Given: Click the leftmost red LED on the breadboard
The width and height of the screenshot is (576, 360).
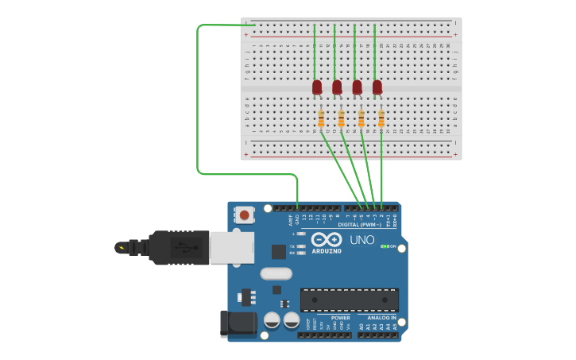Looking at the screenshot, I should tap(317, 87).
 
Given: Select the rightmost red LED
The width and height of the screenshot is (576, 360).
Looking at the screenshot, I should tap(377, 87).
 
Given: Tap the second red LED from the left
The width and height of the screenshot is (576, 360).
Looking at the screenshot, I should tap(337, 87).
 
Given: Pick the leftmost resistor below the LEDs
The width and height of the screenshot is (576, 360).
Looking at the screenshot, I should tap(321, 119).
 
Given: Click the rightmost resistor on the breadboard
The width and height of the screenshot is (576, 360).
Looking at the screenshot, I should tap(381, 119).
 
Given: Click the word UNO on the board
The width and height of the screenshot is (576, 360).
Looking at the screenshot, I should tap(362, 239).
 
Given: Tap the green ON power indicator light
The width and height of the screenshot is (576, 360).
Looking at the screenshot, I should tap(384, 246).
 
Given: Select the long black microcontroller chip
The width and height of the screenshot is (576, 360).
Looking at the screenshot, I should tap(349, 300).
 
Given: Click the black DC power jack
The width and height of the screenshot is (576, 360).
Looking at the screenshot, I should tap(237, 323).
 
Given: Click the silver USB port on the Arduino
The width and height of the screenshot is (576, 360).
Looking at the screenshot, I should tap(231, 246).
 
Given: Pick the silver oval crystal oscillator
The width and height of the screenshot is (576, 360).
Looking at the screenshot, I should tap(276, 274).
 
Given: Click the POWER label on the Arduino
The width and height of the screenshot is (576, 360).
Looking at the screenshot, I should tap(340, 318).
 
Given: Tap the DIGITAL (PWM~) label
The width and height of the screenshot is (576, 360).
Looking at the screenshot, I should tap(354, 224).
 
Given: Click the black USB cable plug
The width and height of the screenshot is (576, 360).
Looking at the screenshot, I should tap(179, 247).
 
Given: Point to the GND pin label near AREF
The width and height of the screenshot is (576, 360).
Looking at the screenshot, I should tap(297, 219).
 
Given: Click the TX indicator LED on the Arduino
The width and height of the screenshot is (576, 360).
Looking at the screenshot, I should tap(301, 246).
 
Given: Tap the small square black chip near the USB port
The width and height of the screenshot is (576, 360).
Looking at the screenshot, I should tap(278, 252).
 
